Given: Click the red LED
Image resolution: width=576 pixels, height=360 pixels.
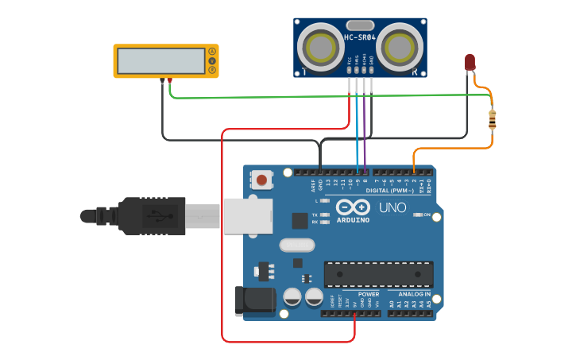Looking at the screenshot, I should (x=470, y=62).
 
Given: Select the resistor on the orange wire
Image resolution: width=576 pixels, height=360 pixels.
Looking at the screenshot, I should (x=493, y=119).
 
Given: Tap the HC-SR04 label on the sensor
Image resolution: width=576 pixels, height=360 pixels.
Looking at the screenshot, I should (x=360, y=37).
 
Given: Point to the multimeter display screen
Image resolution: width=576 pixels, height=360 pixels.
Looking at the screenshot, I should (x=160, y=60).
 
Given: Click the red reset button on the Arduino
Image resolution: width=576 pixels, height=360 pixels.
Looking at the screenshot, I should (x=262, y=180).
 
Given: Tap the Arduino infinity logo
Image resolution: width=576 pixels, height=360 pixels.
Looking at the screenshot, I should (x=353, y=207).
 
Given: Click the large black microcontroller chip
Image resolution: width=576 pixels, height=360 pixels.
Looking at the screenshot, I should (x=378, y=274).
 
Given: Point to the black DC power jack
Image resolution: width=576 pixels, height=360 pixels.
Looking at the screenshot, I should (x=254, y=301).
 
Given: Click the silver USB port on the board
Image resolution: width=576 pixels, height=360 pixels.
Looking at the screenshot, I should (x=247, y=215).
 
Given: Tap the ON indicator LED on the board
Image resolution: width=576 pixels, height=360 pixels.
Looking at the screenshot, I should (x=417, y=215).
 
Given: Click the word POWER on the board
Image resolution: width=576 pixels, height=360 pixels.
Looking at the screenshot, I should (x=358, y=294).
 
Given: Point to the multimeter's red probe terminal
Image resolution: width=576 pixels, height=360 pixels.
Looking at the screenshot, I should (x=169, y=79).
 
